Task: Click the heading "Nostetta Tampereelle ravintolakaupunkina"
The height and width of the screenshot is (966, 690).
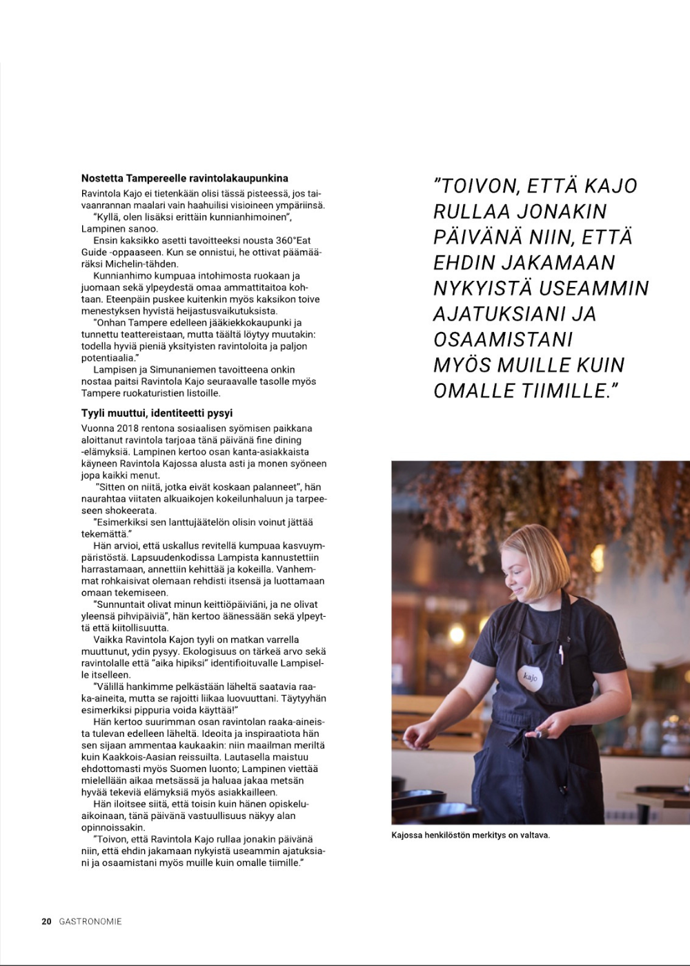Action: (184, 178)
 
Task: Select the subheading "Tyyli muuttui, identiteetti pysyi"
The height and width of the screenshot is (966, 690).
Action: (157, 413)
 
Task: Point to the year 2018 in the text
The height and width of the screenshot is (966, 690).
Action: (128, 428)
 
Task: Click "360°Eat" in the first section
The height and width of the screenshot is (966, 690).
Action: (293, 240)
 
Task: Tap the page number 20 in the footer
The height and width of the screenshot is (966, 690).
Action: (46, 921)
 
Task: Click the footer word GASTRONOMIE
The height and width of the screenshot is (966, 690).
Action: (90, 921)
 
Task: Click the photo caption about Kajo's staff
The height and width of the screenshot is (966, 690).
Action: (471, 835)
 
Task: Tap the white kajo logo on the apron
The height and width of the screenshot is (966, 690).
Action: (530, 677)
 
